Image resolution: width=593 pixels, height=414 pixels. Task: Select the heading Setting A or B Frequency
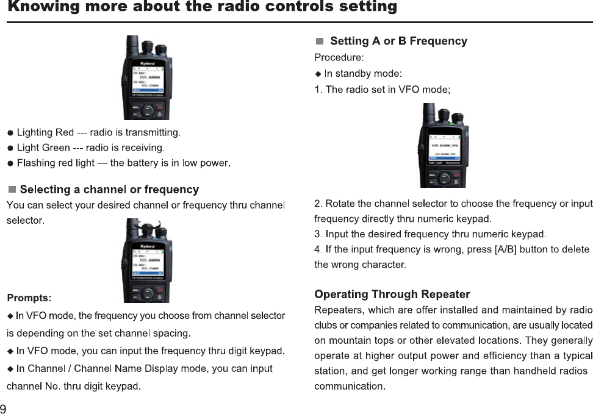[x=398, y=41]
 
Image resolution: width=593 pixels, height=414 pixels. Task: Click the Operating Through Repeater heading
[x=392, y=295]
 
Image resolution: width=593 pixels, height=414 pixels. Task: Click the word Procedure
[x=339, y=58]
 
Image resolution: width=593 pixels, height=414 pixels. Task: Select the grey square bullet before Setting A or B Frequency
[x=320, y=41]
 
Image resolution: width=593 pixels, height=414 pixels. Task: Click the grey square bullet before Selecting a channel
[x=12, y=190]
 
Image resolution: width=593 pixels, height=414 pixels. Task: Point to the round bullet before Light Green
[x=10, y=148]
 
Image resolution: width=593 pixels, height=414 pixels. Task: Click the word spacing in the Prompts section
[x=173, y=334]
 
